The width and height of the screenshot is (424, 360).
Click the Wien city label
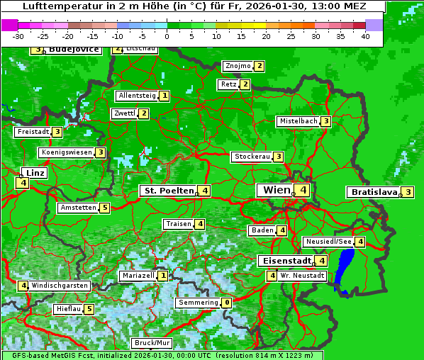(x=276, y=190)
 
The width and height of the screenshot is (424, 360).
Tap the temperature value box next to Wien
(x=303, y=190)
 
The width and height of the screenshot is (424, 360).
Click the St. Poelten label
(x=169, y=191)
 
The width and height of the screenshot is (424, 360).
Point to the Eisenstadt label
(x=285, y=261)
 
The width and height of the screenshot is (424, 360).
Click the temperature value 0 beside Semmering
(x=226, y=303)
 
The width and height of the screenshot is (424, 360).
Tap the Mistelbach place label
(x=298, y=121)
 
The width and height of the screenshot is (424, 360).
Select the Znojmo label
(x=238, y=66)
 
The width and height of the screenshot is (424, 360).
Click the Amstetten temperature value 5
(x=104, y=208)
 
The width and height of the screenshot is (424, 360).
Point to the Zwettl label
(x=124, y=113)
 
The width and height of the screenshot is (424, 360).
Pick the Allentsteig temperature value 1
(x=164, y=96)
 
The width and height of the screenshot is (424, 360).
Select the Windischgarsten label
(x=60, y=286)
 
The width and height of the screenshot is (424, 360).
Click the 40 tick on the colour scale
(x=364, y=36)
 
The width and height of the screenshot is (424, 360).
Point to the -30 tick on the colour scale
(x=18, y=36)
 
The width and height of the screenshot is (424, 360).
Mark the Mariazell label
(x=138, y=276)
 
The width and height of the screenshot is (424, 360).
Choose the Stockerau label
(x=252, y=157)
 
